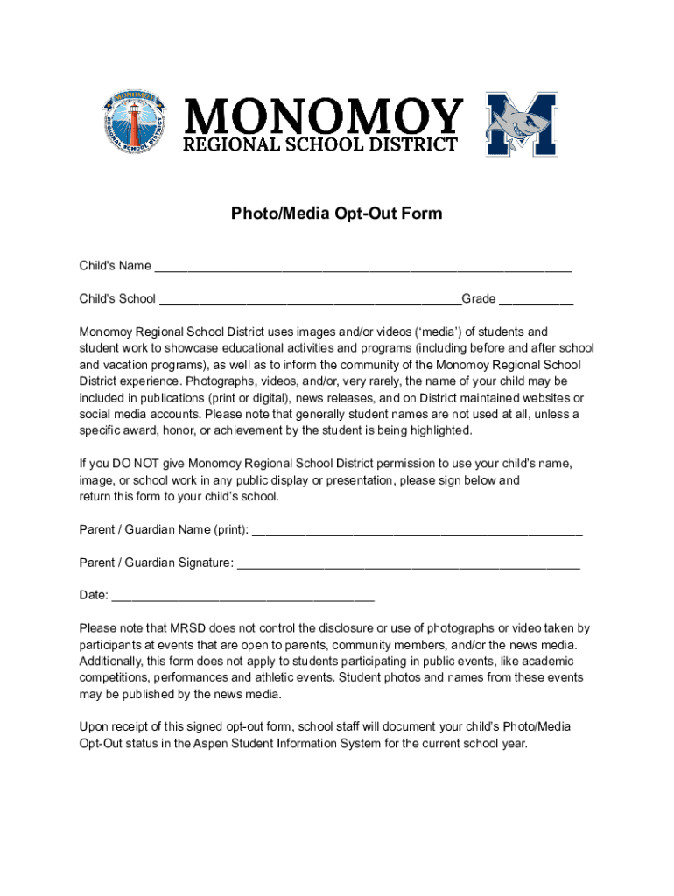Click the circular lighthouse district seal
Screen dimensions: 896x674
click(x=135, y=121)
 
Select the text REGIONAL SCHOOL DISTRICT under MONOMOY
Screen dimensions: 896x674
click(x=319, y=144)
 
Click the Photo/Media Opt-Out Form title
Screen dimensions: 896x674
click(x=336, y=213)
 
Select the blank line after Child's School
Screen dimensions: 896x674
click(x=310, y=300)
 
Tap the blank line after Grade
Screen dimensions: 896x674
click(x=536, y=300)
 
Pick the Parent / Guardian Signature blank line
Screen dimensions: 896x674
click(x=408, y=563)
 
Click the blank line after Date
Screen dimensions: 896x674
click(x=243, y=597)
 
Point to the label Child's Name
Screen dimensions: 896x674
click(x=115, y=266)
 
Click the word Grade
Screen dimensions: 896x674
click(x=479, y=299)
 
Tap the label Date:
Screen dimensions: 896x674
click(x=94, y=596)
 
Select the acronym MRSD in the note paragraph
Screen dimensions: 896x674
click(x=188, y=628)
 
